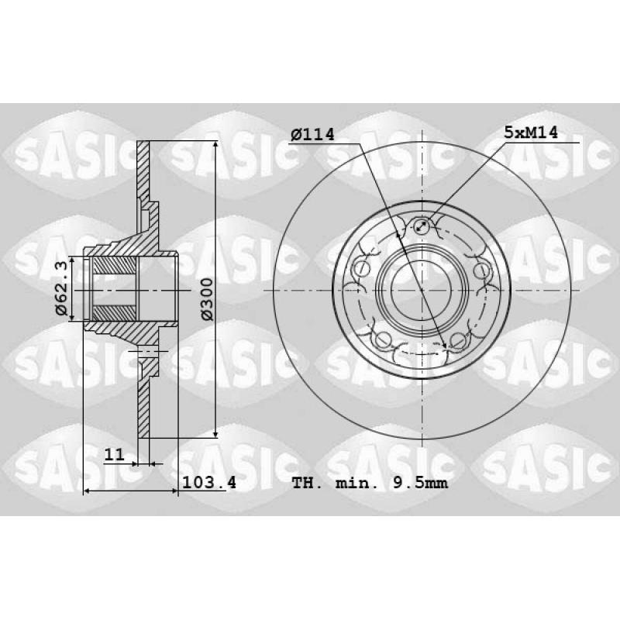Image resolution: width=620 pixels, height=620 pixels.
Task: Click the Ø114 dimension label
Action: (x=312, y=135)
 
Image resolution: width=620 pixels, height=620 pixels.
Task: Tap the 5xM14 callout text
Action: (x=531, y=133)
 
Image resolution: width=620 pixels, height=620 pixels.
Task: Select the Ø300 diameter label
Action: (x=206, y=299)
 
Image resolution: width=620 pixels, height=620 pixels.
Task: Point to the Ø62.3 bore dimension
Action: (x=62, y=288)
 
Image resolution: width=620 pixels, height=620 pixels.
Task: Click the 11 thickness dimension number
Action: (x=114, y=454)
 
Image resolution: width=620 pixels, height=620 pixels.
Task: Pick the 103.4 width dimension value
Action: (x=209, y=482)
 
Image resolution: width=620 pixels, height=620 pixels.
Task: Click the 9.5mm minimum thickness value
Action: (x=420, y=483)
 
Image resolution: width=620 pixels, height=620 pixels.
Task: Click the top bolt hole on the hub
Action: (x=422, y=226)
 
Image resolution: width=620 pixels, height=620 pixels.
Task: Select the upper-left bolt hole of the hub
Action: (x=360, y=270)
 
